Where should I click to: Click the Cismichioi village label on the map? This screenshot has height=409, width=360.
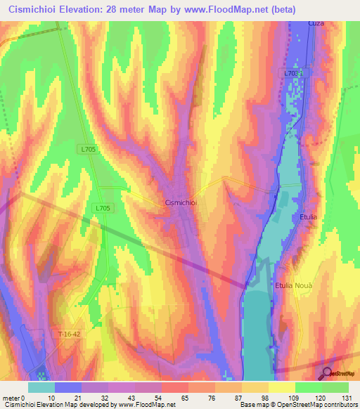[x=184, y=202]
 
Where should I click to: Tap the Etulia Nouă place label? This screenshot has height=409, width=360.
[x=292, y=285]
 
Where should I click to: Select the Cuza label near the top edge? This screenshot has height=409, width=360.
[x=316, y=23]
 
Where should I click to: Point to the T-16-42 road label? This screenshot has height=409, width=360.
[x=70, y=335]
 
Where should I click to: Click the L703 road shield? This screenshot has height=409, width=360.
[x=292, y=73]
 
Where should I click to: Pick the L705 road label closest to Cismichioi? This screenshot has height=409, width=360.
[x=102, y=208]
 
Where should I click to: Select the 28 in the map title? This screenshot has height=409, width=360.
[x=123, y=9]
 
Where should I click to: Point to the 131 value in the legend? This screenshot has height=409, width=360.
[x=335, y=398]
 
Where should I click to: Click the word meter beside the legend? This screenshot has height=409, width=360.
[x=11, y=398]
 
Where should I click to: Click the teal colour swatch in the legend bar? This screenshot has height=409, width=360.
[x=41, y=387]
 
